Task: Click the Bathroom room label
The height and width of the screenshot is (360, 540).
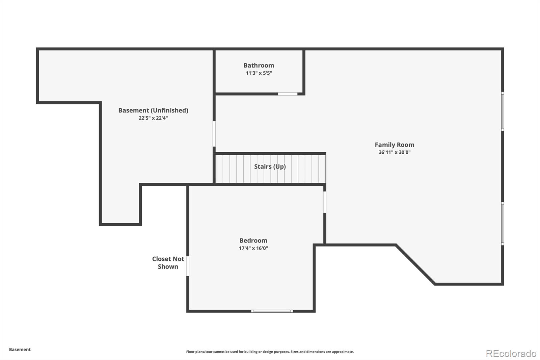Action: (x=259, y=66)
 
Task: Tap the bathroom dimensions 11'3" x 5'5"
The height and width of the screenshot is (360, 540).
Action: (x=259, y=73)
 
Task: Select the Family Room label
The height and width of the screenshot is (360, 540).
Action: (x=395, y=145)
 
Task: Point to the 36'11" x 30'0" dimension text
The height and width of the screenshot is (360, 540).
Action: (x=395, y=152)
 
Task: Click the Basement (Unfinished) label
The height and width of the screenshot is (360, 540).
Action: (x=153, y=110)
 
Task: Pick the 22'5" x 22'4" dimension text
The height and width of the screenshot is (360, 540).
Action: (x=153, y=118)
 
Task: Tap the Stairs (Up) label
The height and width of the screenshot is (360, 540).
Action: (x=270, y=166)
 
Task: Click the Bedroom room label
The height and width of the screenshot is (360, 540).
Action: (x=253, y=240)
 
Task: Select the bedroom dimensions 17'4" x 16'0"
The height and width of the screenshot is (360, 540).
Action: (x=253, y=248)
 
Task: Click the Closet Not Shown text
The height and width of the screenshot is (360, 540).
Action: (x=168, y=263)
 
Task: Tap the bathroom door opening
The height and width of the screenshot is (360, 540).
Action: (x=288, y=94)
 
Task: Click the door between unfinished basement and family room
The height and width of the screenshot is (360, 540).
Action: (x=214, y=134)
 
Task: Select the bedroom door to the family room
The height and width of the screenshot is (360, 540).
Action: (x=325, y=202)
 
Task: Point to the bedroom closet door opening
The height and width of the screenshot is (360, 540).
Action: (x=188, y=266)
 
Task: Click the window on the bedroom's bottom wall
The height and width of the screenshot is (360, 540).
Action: (x=272, y=311)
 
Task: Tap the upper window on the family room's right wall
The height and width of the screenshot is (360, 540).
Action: (x=503, y=111)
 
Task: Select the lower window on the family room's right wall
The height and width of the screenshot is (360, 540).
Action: (x=503, y=224)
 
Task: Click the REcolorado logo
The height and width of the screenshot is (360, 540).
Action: (x=511, y=354)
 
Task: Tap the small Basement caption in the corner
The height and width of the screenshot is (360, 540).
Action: (x=20, y=350)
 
